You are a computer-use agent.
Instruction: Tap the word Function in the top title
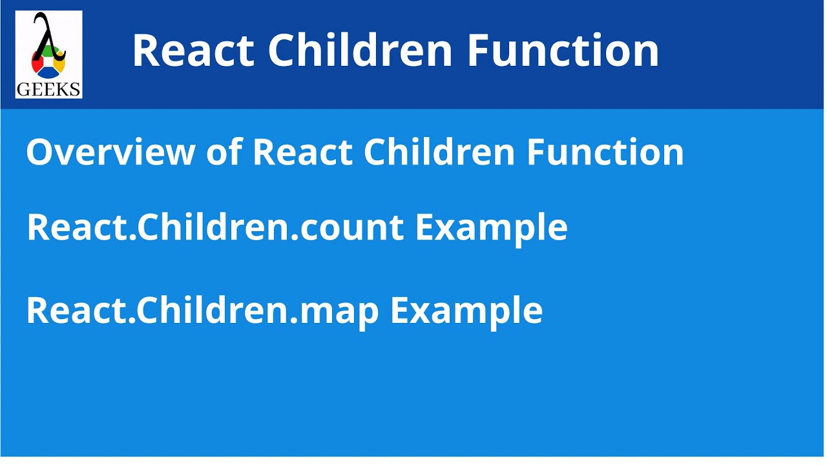coord(563,50)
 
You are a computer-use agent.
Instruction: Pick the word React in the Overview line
coord(302,152)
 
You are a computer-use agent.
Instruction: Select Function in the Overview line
coord(605,152)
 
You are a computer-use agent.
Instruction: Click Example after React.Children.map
coord(466,311)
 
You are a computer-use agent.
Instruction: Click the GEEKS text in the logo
coord(48,89)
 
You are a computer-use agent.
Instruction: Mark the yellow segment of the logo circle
coord(60,65)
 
